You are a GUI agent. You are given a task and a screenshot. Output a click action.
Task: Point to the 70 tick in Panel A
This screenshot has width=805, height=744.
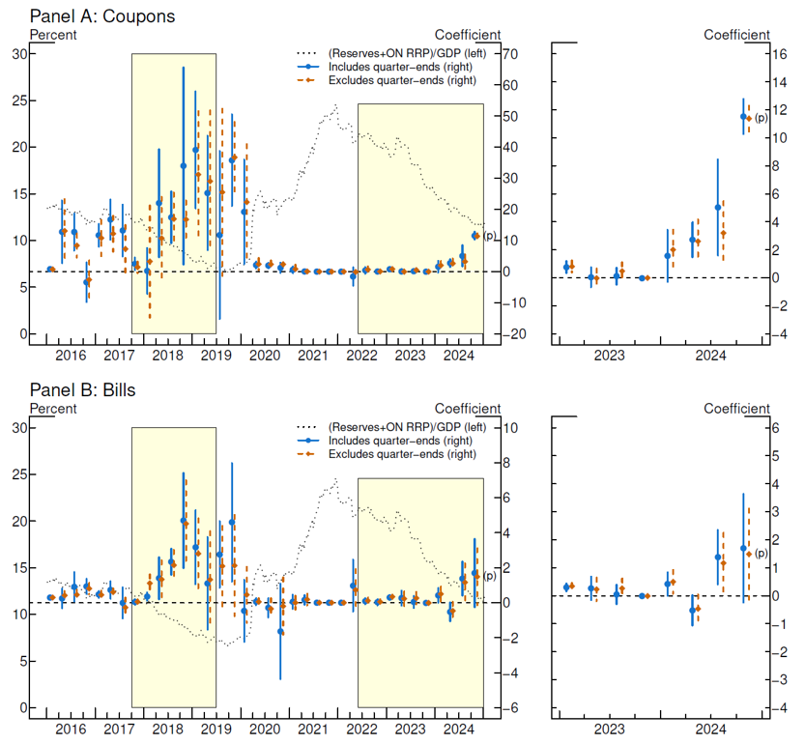pos(512,54)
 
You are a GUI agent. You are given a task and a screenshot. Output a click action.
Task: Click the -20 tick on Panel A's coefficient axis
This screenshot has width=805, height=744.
pos(511,335)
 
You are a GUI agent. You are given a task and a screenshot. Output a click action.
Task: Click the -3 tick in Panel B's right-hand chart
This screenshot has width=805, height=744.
pos(779,680)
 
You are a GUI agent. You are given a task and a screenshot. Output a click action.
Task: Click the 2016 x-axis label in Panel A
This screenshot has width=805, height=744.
pos(71,356)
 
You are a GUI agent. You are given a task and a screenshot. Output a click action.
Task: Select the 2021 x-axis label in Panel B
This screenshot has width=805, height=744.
pos(312,730)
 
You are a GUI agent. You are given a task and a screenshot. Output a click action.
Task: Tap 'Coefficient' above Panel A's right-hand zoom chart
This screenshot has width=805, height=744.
pos(737,35)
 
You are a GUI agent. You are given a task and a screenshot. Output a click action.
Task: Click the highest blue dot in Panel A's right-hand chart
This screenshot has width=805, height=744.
pos(743,117)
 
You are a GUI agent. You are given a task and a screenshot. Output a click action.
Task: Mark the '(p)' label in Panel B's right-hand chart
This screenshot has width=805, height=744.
pos(761,553)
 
